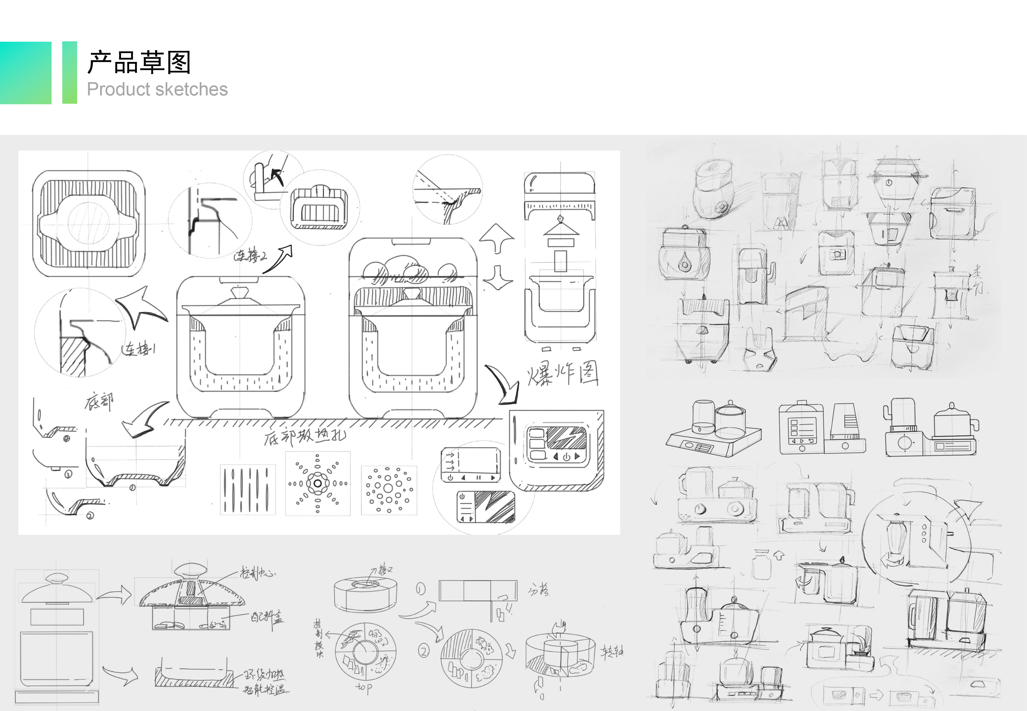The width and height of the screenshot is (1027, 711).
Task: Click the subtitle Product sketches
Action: point(157,89)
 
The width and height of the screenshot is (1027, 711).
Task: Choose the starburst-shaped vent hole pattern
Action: point(317,483)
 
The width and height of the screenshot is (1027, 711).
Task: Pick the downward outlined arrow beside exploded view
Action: point(498,278)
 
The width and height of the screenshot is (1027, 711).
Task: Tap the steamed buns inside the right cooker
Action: point(409,270)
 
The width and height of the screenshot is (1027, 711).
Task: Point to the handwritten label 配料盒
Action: point(266,617)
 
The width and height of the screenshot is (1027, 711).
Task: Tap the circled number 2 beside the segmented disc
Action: point(424,651)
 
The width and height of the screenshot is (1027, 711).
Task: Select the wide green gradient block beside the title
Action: point(25,73)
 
